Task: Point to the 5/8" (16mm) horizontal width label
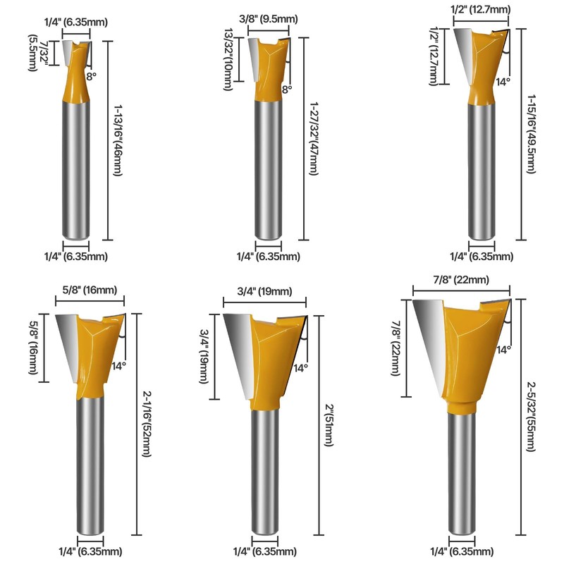coord(88,290)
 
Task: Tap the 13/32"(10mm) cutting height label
coord(231,60)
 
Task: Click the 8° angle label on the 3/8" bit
coord(286,90)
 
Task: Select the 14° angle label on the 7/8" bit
coord(503,349)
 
